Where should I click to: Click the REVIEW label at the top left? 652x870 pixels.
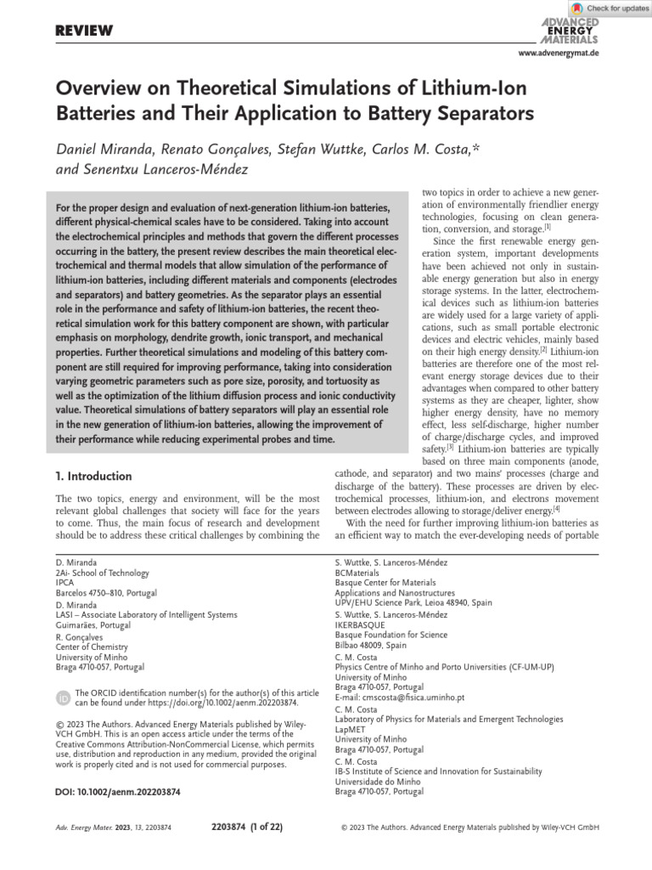[84, 31]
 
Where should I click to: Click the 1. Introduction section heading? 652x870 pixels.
[93, 476]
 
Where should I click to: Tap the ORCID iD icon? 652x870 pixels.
[63, 698]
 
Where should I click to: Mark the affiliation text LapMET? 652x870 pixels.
[351, 729]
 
